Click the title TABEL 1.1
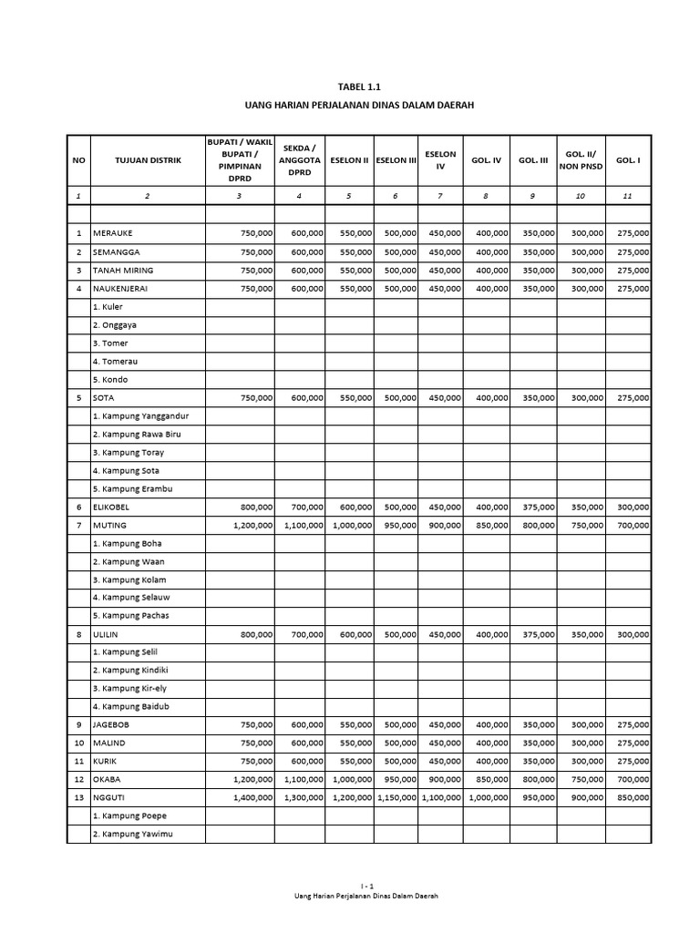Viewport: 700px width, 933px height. [x=360, y=87]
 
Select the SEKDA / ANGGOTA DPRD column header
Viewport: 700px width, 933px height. [x=300, y=159]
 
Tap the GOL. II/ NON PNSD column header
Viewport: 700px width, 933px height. [x=581, y=159]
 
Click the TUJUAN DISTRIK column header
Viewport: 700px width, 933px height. [x=148, y=160]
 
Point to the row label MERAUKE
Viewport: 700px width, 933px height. [x=114, y=234]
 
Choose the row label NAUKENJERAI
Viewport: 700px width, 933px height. [x=120, y=289]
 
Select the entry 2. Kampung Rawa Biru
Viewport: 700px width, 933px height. [x=137, y=434]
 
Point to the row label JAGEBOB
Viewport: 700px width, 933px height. [x=112, y=724]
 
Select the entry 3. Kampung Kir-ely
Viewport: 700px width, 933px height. [x=131, y=688]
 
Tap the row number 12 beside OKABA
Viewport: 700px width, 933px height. [x=78, y=779]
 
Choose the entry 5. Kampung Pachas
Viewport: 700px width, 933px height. [x=131, y=615]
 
